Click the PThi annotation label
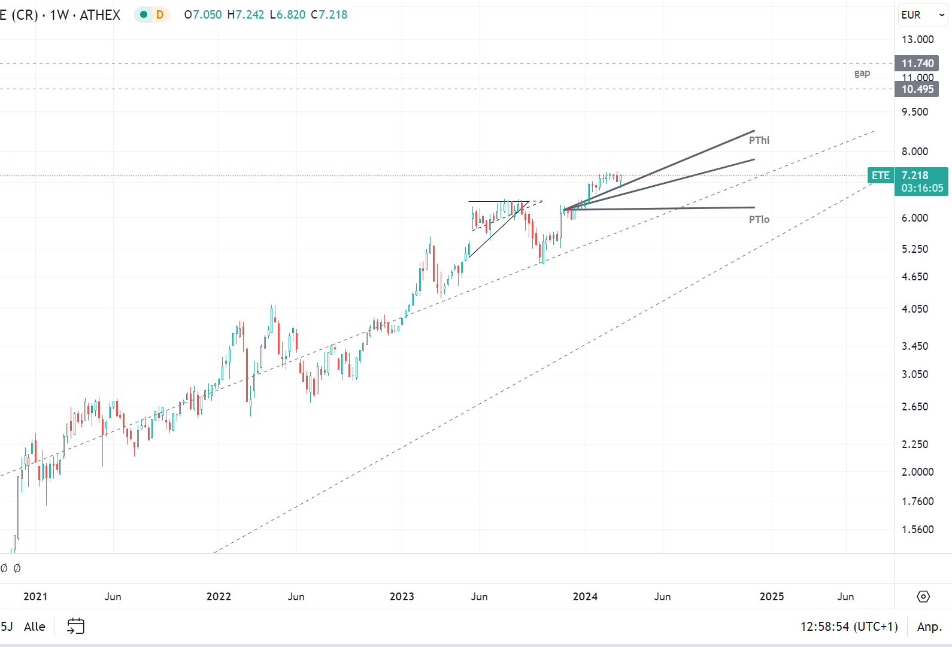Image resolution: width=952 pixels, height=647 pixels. coord(759,140)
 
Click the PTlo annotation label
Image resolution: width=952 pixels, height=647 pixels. coord(759,219)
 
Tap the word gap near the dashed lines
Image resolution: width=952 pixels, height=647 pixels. coord(862,73)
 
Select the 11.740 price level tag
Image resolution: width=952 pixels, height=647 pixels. coord(917,64)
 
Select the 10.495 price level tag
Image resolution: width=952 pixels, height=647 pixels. coord(917,89)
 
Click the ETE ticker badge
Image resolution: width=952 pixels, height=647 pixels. coord(880,176)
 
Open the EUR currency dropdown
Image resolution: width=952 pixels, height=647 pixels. coord(923,15)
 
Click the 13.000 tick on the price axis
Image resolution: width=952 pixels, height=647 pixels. coord(917,40)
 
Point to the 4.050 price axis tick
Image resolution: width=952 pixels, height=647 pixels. coord(915,309)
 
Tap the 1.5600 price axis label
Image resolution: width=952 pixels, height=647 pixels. coord(917,530)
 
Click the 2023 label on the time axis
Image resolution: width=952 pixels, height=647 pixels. coord(401,597)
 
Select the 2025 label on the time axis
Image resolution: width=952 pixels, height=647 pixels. coord(771,597)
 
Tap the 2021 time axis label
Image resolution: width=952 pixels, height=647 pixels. coord(35,597)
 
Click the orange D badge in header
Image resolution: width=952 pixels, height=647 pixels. coord(160,15)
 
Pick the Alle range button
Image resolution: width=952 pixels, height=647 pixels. coord(35,627)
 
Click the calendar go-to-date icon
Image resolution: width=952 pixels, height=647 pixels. coord(75,627)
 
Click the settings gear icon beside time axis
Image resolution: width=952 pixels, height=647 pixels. coord(923,597)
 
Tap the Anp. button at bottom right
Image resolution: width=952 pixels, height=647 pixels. coord(929,627)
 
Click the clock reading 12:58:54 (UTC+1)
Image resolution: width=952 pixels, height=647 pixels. coord(849,627)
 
